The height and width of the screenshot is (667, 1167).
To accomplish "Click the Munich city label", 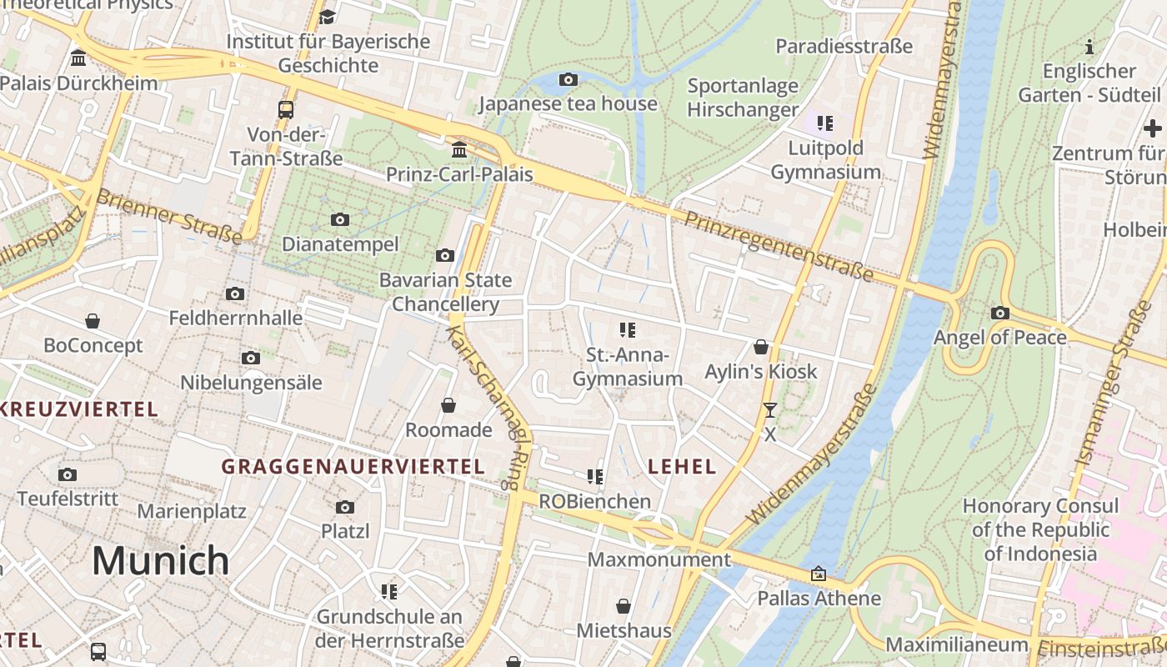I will click(x=160, y=560).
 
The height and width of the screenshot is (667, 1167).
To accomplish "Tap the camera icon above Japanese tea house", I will click(x=568, y=80).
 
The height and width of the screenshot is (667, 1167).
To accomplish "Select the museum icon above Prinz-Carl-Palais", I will click(x=459, y=150).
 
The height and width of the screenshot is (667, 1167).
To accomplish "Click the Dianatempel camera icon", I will click(x=340, y=220).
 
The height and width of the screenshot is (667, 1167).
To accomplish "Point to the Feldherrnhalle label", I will click(x=236, y=318).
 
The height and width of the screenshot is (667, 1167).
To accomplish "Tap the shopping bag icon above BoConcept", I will click(x=93, y=321).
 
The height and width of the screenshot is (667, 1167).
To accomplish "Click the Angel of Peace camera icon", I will click(x=999, y=313).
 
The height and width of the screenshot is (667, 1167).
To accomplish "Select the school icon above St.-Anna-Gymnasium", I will click(x=628, y=330).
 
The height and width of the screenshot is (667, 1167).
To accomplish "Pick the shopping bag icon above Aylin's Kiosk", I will click(x=761, y=347).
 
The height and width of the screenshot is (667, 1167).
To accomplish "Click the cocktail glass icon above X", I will click(x=769, y=410).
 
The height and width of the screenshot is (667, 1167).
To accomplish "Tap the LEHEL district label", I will click(x=682, y=467).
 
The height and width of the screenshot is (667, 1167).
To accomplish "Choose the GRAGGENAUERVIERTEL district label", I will click(x=353, y=467).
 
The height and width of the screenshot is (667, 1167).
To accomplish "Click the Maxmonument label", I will click(x=659, y=559).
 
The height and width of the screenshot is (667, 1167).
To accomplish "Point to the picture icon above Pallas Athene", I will click(x=819, y=574).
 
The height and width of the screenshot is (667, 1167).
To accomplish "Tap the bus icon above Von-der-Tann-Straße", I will click(x=286, y=109).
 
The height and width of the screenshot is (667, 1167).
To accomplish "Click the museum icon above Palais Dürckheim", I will click(x=79, y=58).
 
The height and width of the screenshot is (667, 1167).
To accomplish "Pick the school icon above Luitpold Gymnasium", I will click(x=825, y=124).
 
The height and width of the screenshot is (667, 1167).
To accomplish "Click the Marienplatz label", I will click(x=192, y=511).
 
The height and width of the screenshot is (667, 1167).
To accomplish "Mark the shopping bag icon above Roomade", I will click(x=448, y=405).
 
